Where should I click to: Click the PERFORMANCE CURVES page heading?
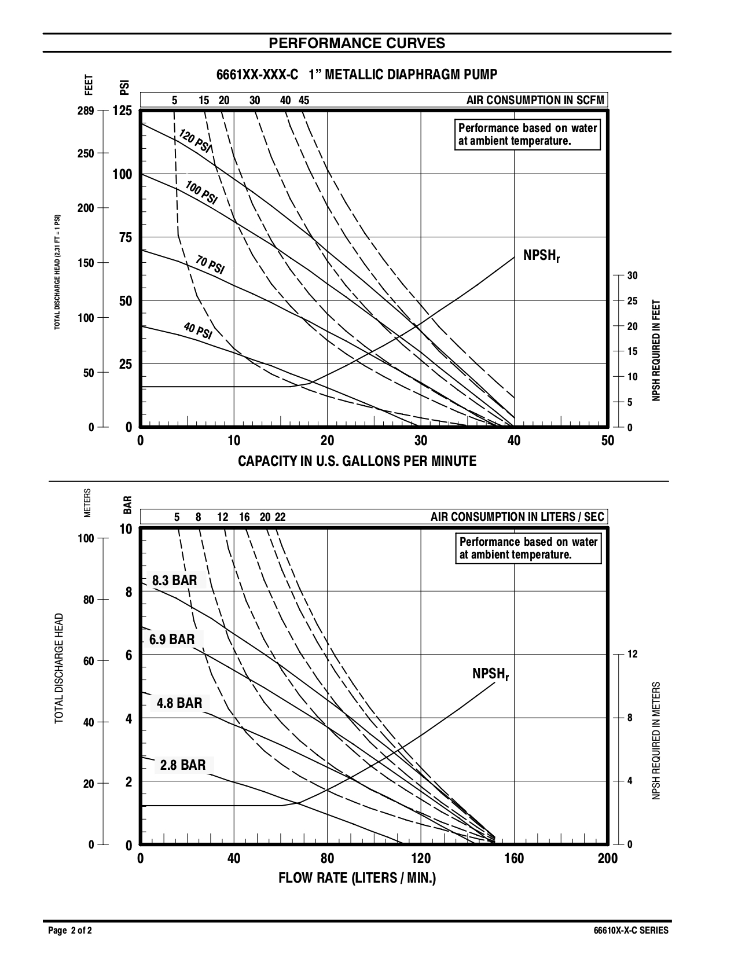(x=357, y=43)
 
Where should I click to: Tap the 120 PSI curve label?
(x=195, y=141)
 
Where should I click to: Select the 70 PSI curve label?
(x=210, y=265)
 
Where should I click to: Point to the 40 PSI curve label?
(x=198, y=331)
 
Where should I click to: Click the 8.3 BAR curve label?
(x=174, y=581)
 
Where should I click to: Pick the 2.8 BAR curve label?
(x=183, y=765)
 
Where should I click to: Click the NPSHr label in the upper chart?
(x=541, y=256)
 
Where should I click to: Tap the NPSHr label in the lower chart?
(x=490, y=674)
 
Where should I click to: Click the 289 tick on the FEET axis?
(x=86, y=111)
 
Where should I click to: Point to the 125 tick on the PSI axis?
(x=122, y=111)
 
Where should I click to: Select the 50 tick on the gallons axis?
(x=607, y=441)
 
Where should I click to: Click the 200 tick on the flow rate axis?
(x=607, y=859)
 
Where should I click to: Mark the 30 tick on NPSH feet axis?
(x=632, y=276)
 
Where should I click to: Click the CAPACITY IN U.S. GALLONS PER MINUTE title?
(x=357, y=461)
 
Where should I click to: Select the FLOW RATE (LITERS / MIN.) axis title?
(x=357, y=878)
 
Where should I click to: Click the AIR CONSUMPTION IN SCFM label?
(x=535, y=100)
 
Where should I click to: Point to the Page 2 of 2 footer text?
(x=69, y=931)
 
